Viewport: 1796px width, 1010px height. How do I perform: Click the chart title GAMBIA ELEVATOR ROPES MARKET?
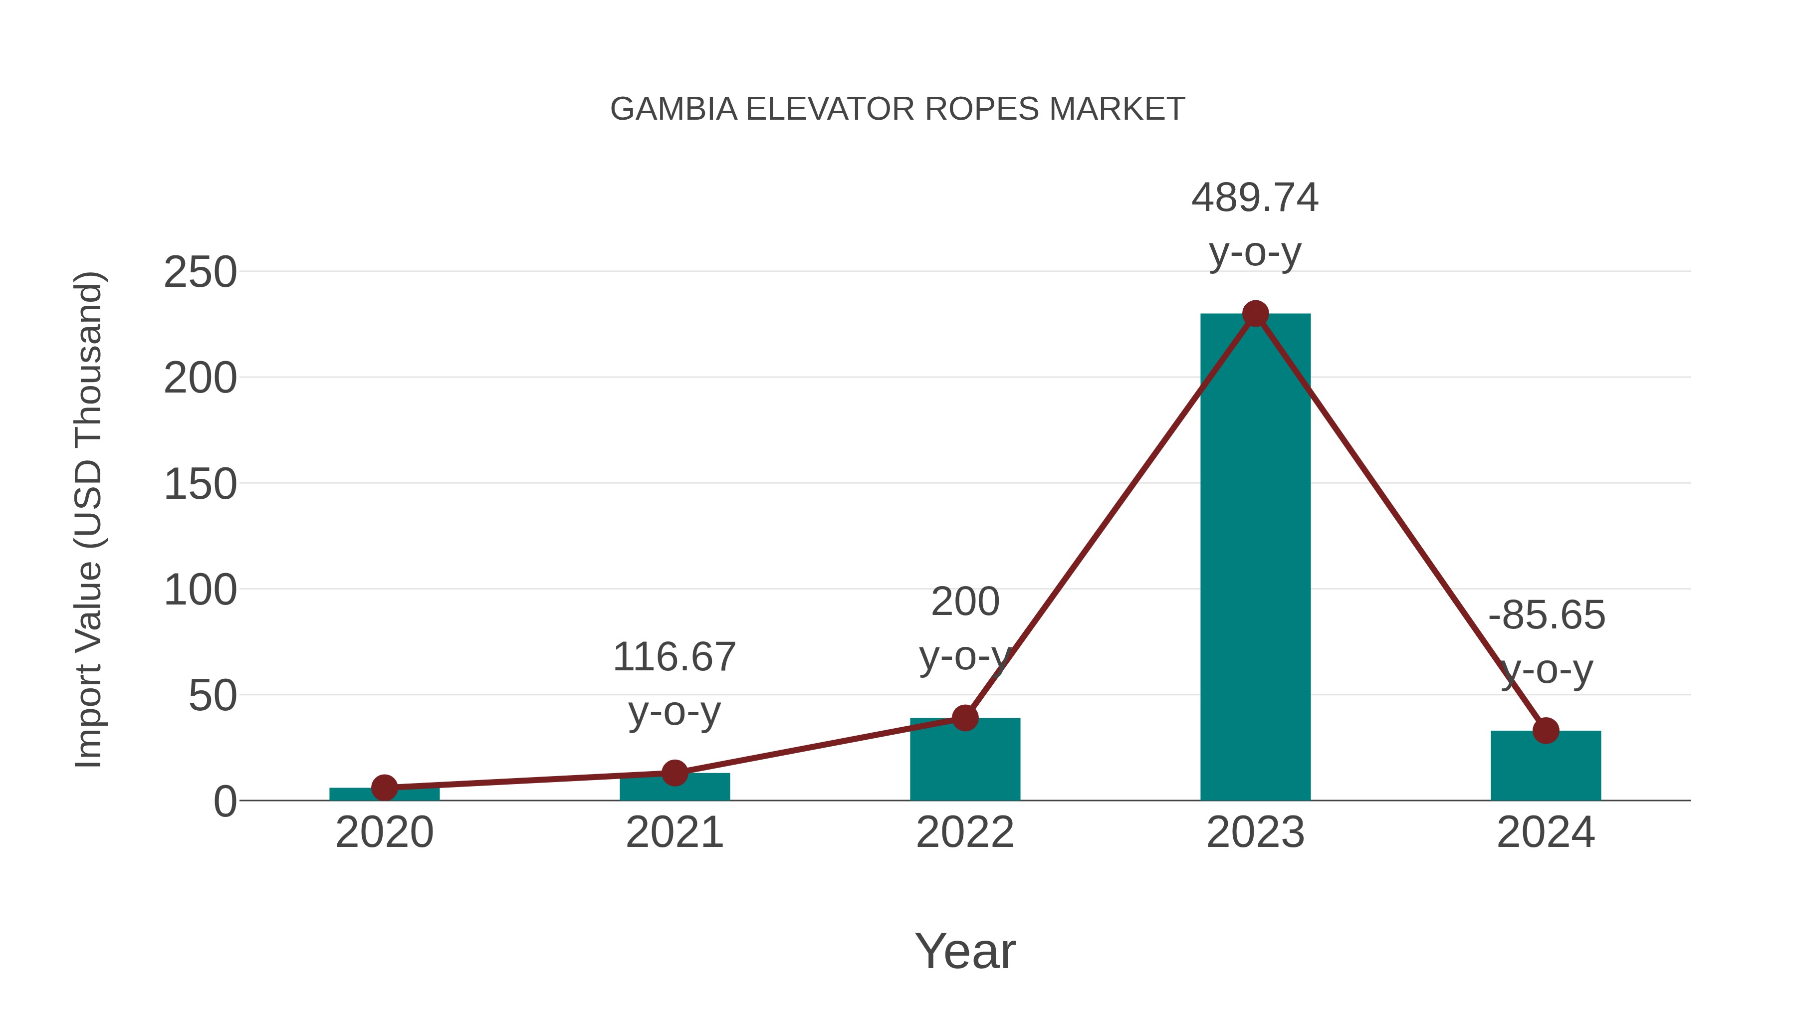point(898,109)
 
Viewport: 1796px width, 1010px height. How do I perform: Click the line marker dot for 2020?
point(384,788)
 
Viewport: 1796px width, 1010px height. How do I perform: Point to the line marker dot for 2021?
point(674,772)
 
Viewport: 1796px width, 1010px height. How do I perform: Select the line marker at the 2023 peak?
point(1255,314)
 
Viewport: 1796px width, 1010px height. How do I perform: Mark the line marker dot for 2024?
point(1546,731)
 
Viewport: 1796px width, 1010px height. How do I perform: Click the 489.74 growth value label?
point(1255,198)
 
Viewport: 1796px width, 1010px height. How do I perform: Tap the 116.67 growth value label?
point(674,657)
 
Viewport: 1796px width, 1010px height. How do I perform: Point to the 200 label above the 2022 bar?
point(965,602)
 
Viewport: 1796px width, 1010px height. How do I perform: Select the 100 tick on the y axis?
point(200,591)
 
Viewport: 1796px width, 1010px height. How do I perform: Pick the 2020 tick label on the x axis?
point(384,832)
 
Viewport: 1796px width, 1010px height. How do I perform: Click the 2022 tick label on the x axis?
point(965,832)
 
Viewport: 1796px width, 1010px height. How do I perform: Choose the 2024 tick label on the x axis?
point(1546,832)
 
